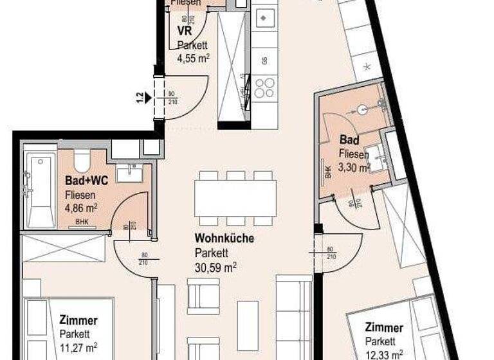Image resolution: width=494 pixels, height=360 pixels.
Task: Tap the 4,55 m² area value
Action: [x=194, y=57]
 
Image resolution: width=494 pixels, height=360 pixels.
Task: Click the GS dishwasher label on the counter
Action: [x=264, y=61]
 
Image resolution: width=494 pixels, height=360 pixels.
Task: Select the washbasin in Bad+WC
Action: [x=134, y=172]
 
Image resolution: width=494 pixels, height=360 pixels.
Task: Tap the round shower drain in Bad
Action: [x=363, y=110]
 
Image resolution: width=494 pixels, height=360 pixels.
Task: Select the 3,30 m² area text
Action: [x=355, y=168]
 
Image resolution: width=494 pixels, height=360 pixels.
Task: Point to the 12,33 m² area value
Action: [x=385, y=353]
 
